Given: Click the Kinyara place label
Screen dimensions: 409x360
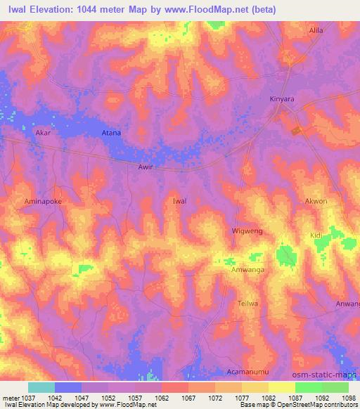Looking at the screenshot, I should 282,99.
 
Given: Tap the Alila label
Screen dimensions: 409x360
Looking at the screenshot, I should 317,31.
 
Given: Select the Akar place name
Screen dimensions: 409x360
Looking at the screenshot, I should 43,132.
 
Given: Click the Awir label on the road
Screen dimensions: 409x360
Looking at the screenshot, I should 145,167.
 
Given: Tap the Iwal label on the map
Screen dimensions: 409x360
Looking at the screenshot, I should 179,201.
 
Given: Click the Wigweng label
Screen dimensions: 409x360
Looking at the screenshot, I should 246,231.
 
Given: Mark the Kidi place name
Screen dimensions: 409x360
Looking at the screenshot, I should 316,236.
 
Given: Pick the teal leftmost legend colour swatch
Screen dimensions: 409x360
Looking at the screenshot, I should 41,387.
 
